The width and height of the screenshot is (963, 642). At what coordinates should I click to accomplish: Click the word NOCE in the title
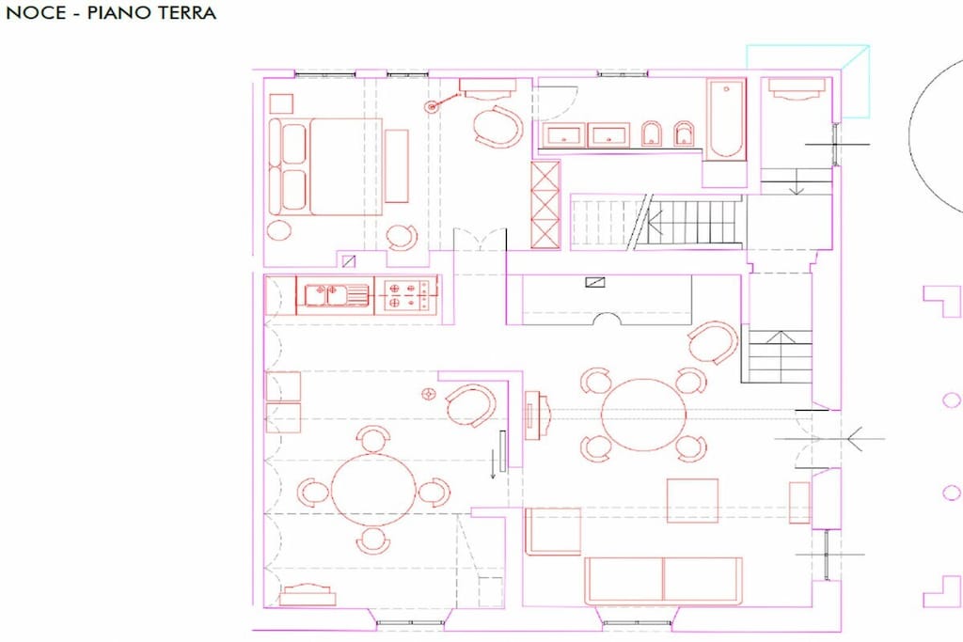(x=36, y=13)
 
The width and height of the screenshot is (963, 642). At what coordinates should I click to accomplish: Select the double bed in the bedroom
(x=326, y=166)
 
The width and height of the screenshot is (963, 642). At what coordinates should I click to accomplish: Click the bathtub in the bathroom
(x=726, y=118)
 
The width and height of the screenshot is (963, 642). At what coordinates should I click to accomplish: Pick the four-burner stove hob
(x=406, y=294)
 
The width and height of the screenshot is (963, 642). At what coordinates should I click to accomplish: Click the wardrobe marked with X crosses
(x=545, y=204)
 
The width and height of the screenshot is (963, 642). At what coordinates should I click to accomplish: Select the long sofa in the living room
(x=663, y=580)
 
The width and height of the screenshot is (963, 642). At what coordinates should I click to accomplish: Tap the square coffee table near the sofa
(x=692, y=500)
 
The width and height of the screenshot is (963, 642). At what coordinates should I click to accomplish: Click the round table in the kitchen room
(x=372, y=489)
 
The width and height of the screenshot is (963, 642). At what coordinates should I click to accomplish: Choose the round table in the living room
(x=643, y=415)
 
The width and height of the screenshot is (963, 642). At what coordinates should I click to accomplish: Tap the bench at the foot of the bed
(x=396, y=165)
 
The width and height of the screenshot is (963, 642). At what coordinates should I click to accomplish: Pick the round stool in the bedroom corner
(x=279, y=230)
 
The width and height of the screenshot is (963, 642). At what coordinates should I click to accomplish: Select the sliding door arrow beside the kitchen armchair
(x=493, y=464)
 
